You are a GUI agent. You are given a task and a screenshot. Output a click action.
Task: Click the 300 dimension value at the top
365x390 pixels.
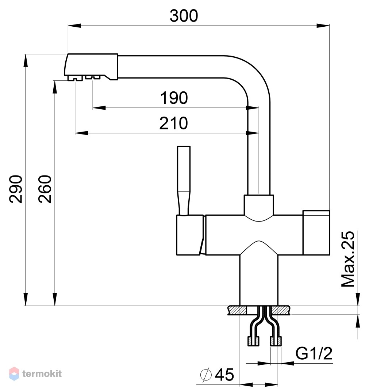(x=184, y=16)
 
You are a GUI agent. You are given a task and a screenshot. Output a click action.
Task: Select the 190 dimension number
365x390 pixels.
(x=174, y=98)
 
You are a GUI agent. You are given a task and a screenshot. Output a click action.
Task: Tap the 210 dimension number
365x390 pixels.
(x=174, y=123)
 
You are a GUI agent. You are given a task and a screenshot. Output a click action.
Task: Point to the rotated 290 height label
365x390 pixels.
(x=16, y=189)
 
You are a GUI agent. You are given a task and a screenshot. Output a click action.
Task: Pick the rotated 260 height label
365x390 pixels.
(x=45, y=189)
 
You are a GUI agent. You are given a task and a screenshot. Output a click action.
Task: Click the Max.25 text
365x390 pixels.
(x=348, y=259)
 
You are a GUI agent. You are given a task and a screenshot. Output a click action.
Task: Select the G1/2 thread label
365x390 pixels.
(x=314, y=353)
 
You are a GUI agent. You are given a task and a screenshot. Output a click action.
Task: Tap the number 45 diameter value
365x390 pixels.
(x=224, y=375)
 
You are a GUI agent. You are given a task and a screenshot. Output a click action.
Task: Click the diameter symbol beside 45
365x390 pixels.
(x=206, y=374)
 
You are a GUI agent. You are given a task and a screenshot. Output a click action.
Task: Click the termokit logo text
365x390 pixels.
(x=42, y=374)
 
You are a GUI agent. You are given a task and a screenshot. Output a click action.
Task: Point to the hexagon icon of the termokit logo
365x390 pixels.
(x=14, y=374)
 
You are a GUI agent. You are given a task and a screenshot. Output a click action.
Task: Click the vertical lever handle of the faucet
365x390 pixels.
(x=184, y=181)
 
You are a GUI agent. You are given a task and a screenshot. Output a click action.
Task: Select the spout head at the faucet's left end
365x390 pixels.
(x=91, y=67)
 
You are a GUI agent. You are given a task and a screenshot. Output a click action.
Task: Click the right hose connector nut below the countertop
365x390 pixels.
(x=276, y=341)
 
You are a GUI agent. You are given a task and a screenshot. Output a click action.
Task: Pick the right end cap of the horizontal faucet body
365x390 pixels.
(x=316, y=233)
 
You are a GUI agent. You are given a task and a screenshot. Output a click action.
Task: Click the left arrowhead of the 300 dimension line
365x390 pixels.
(x=74, y=25)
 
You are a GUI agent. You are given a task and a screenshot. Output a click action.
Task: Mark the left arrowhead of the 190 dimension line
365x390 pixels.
(x=99, y=108)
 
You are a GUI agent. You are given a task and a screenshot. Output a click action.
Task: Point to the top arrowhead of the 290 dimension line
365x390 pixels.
(x=26, y=60)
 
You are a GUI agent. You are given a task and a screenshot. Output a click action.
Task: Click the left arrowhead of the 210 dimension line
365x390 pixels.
(x=81, y=133)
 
